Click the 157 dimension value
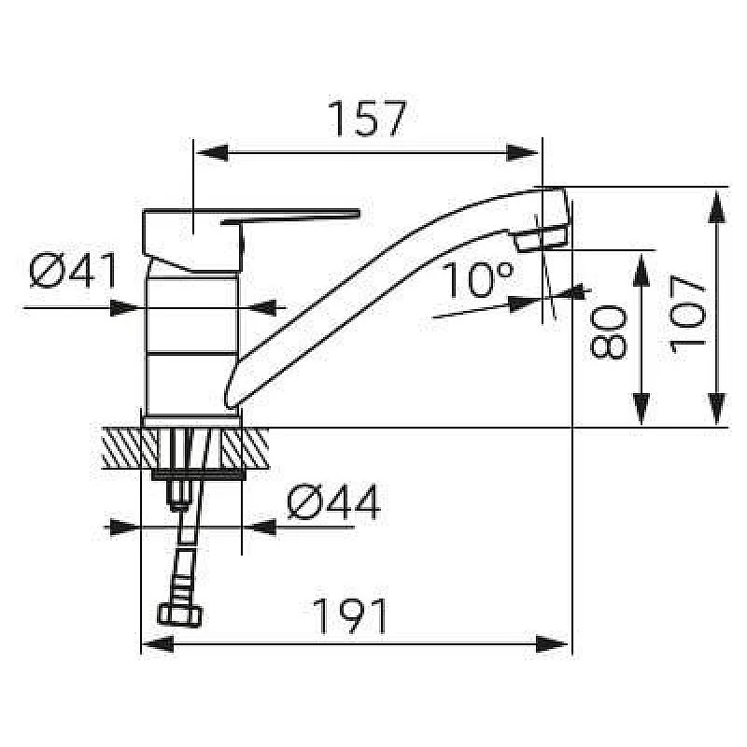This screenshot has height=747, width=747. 367,119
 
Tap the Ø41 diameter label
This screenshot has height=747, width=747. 74,272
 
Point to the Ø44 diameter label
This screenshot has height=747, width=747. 333,503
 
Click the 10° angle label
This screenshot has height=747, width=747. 477,279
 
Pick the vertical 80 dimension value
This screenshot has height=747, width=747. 608,332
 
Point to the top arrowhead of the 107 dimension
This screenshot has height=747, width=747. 717,201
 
